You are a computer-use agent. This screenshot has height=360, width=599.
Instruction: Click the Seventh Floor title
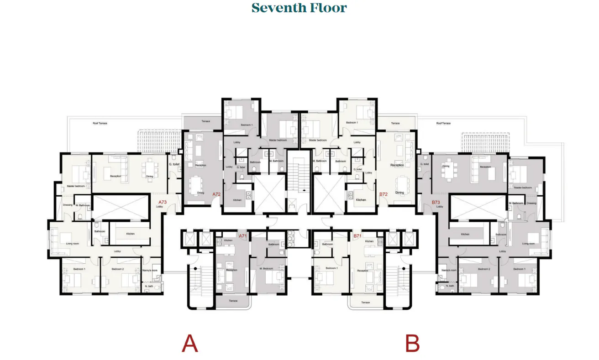pos(299,8)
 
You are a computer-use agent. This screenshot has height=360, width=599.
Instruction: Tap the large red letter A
pos(189,344)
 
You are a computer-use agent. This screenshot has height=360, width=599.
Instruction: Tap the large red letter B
pos(412,344)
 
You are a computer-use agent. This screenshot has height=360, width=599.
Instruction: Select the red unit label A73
pos(163,202)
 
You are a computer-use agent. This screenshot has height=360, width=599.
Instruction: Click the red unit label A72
pos(216,194)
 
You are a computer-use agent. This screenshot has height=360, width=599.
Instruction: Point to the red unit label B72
pos(384,194)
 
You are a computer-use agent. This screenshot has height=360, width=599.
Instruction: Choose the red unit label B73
pos(436,202)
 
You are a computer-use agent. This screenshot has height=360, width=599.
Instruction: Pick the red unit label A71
pos(243,236)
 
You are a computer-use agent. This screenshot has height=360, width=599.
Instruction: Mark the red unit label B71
pos(357,236)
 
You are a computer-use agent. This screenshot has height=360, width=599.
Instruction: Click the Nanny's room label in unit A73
pos(152,271)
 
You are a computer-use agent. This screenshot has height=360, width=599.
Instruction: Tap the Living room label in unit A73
pos(73,244)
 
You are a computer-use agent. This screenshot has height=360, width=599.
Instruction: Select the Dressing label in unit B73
pos(531,203)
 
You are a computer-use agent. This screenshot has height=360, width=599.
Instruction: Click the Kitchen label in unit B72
pos(361,200)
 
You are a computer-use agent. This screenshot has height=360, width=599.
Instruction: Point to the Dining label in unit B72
pos(399,193)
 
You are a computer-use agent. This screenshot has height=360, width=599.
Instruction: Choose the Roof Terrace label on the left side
pos(100,123)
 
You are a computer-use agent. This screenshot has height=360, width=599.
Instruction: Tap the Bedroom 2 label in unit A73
pos(118,269)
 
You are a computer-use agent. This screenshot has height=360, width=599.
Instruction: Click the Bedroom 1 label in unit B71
pos(332,268)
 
